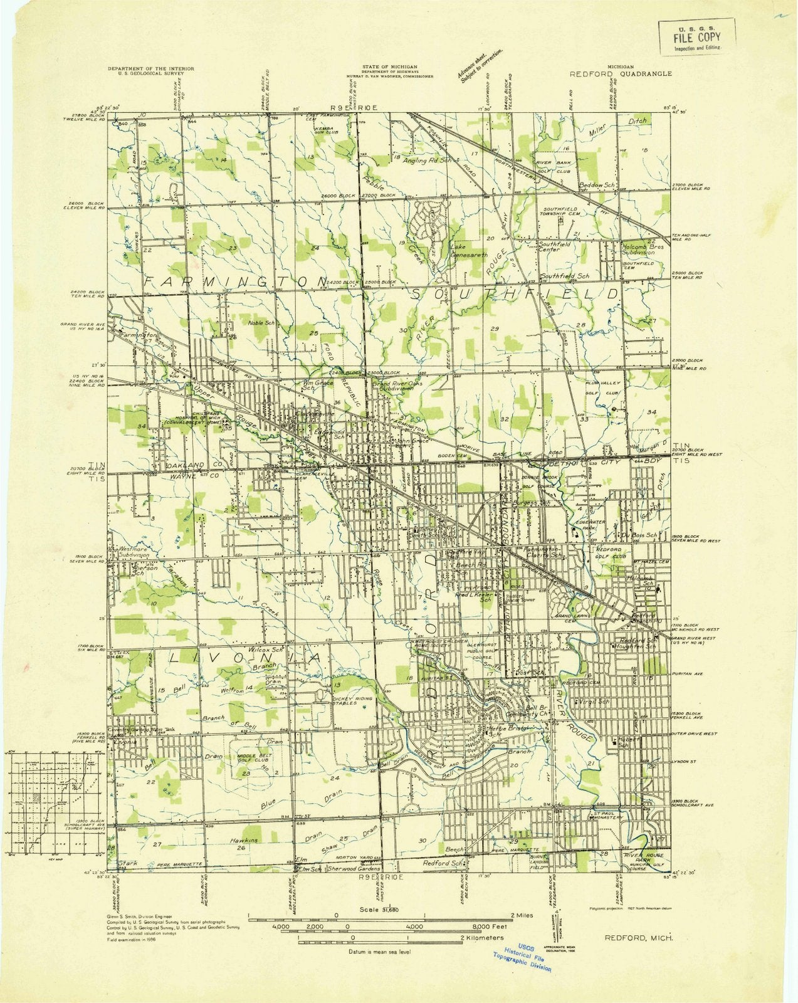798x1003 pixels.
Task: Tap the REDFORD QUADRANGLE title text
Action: (x=620, y=73)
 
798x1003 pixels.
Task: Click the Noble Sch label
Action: (x=262, y=323)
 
